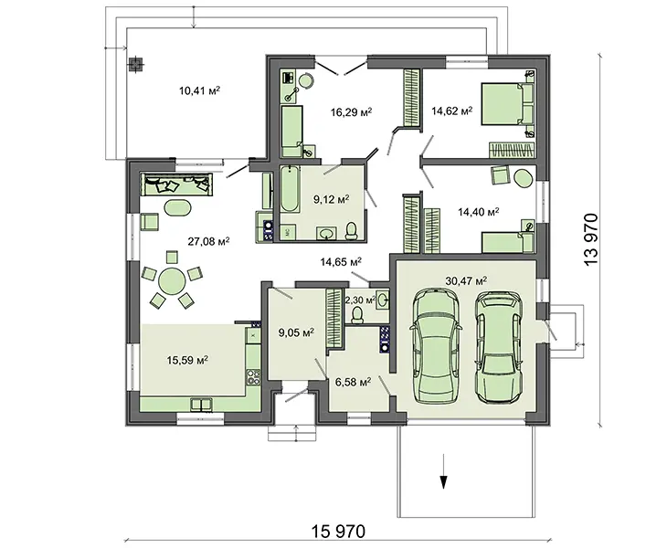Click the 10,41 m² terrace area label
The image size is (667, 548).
point(199,90)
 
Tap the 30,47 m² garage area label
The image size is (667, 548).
point(466,280)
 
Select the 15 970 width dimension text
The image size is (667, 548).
point(338,532)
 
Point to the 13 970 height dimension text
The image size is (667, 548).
point(591,240)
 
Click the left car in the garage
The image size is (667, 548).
point(436,345)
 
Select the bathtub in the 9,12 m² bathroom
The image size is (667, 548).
point(290,189)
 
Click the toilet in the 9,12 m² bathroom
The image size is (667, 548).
point(352,231)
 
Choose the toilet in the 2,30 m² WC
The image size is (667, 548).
point(357,315)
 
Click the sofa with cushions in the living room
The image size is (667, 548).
point(176,184)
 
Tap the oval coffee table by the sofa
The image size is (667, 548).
point(178,208)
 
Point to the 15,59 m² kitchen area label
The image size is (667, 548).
point(187,361)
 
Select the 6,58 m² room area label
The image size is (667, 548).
point(353,383)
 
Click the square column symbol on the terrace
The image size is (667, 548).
point(136,64)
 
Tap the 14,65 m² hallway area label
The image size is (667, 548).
point(341,262)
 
